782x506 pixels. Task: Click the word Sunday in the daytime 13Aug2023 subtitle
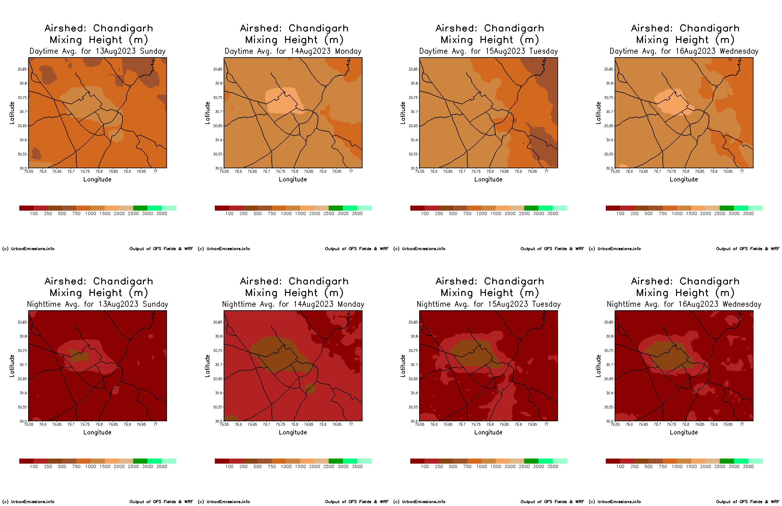tap(152, 51)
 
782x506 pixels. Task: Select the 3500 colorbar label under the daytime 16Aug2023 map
tap(748, 213)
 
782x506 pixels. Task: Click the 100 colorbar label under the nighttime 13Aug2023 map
tap(34, 466)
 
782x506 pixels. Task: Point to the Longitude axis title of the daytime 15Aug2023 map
tap(488, 179)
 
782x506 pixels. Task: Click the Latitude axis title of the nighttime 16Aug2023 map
tap(598, 366)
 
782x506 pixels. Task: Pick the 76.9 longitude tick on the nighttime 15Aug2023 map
tap(518, 424)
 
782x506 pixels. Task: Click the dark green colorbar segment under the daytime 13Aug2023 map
tap(140, 208)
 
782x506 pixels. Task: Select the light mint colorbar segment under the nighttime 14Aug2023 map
tap(364, 461)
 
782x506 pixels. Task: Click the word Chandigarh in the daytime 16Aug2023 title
tap(709, 28)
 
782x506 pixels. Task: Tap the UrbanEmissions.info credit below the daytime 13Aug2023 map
tap(32, 249)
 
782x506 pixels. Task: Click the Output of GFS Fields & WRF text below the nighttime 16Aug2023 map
tap(748, 502)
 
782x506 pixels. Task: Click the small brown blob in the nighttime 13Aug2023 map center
tap(79, 356)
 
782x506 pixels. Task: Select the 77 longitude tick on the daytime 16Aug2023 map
tap(742, 171)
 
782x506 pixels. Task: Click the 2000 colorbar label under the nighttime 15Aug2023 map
tap(510, 466)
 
